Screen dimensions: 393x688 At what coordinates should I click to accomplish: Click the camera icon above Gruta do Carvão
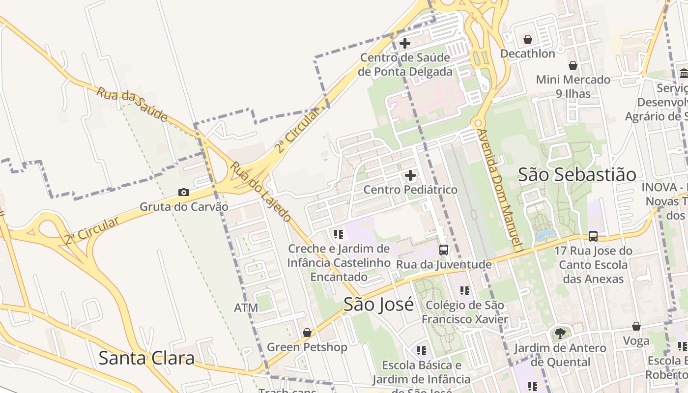point(183,192)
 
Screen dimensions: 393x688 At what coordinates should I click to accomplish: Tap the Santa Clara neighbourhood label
point(146,358)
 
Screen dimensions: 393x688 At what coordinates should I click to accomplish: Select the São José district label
point(378,305)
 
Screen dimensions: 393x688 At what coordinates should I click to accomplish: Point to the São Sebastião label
point(577,174)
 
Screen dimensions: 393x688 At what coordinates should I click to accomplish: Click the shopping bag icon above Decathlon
point(528,39)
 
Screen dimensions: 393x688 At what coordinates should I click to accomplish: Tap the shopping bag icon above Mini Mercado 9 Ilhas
point(573,65)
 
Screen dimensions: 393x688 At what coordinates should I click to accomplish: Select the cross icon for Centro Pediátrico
point(410,175)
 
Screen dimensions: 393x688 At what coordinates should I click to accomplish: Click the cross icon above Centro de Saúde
point(405,43)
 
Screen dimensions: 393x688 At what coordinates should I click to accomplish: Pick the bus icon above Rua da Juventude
point(443,250)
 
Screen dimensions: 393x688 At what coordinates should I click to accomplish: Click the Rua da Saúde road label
point(132,105)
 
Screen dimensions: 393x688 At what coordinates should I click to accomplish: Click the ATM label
point(246,308)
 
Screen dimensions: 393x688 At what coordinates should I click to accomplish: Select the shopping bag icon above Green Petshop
point(307,333)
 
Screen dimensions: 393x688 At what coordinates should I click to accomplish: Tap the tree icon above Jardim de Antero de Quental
point(560,334)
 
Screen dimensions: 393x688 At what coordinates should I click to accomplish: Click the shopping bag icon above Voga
point(636,326)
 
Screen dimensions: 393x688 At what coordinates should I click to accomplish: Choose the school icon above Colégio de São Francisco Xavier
point(465,291)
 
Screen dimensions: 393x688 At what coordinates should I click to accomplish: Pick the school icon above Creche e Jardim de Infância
point(338,234)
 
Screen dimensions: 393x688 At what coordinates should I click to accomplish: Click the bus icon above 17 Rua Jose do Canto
point(593,236)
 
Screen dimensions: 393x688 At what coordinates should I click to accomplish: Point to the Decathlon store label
point(528,54)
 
